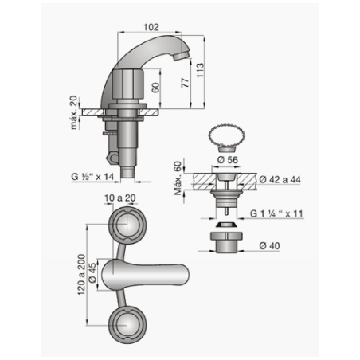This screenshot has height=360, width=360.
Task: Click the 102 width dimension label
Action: [151, 27]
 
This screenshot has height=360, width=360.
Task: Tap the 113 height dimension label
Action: [200, 70]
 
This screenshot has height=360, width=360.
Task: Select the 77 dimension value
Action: [186, 83]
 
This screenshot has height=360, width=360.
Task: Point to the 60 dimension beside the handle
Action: [156, 88]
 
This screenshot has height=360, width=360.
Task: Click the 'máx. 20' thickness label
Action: [74, 112]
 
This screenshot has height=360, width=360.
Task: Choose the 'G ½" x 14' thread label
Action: [92, 177]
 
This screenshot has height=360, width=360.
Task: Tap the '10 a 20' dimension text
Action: [120, 198]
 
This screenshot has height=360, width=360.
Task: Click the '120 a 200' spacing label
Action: [81, 275]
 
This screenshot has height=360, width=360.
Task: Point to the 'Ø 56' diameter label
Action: [228, 160]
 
